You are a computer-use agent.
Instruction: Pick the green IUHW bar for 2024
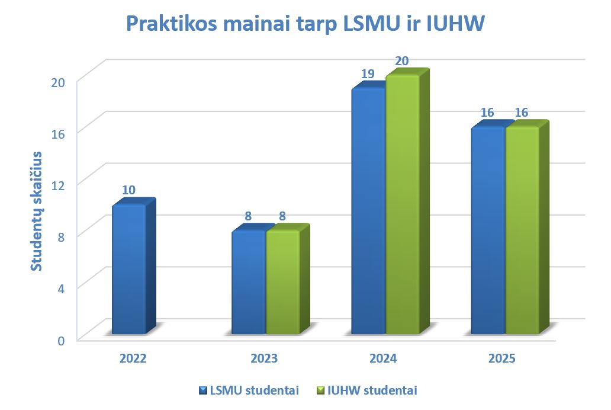[x=403, y=204]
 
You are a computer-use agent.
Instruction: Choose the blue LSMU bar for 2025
[x=488, y=230]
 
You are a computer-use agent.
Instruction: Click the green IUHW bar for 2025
[x=522, y=230]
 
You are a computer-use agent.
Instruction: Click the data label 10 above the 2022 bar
[x=129, y=190]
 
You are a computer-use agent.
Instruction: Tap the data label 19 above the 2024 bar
[x=368, y=75]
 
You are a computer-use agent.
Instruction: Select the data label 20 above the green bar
[x=402, y=61]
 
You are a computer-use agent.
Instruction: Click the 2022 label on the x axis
[x=133, y=358]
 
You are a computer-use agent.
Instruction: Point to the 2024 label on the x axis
[x=383, y=358]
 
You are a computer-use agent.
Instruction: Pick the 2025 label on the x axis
[x=502, y=358]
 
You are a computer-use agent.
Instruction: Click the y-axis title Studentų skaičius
[x=37, y=212]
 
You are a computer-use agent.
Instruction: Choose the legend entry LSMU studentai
[x=249, y=390]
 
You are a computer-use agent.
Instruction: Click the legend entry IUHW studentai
[x=367, y=390]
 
